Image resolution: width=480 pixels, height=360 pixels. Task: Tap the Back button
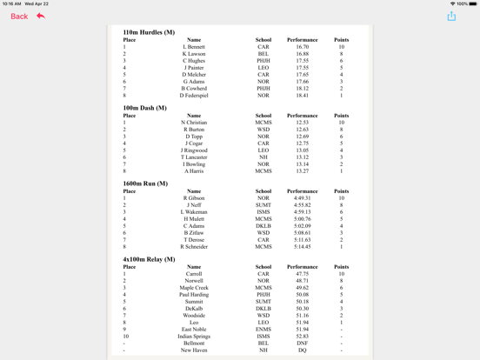[19, 17]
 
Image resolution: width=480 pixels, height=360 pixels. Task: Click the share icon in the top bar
[451, 16]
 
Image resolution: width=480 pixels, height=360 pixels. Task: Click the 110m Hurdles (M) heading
[149, 32]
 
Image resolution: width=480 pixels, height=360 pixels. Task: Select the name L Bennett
[194, 47]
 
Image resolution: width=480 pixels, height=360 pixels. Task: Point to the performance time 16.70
[302, 47]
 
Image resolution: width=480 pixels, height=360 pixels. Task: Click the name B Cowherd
[194, 88]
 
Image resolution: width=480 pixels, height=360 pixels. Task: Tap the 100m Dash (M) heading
[145, 108]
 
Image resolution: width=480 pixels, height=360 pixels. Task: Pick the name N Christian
[194, 123]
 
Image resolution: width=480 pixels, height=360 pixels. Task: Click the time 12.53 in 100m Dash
[302, 123]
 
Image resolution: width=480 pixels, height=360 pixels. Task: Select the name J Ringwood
[194, 150]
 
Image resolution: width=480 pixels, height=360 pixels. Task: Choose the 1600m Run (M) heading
[146, 183]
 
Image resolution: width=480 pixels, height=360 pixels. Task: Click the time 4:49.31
[302, 198]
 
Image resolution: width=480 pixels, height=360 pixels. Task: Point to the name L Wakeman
[194, 212]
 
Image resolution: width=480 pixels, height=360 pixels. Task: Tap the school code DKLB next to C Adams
[263, 226]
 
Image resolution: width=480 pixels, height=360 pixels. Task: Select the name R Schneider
[194, 246]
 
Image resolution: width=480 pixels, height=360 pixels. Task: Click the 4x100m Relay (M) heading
[150, 259]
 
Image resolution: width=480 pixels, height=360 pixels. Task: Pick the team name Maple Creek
[194, 288]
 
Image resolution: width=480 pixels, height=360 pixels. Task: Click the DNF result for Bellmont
[302, 343]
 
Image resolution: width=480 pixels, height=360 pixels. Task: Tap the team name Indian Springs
[194, 337]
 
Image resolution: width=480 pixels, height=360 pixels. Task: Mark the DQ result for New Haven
[302, 350]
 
